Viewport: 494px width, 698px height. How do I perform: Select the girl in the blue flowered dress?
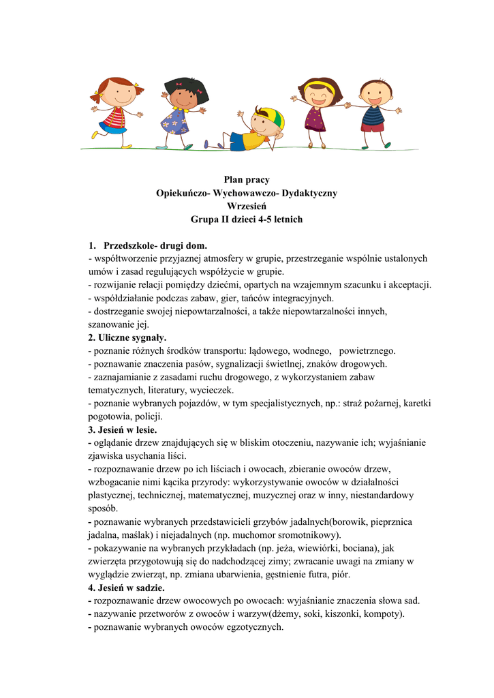coord(177,112)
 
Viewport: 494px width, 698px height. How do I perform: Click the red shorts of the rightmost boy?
coord(372,127)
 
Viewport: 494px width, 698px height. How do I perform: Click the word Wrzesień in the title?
coord(246,207)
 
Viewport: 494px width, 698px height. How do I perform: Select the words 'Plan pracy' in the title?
coord(247,180)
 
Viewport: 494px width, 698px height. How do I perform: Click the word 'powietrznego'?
coord(367,351)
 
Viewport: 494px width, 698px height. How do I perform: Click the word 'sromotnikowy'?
coord(306,535)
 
